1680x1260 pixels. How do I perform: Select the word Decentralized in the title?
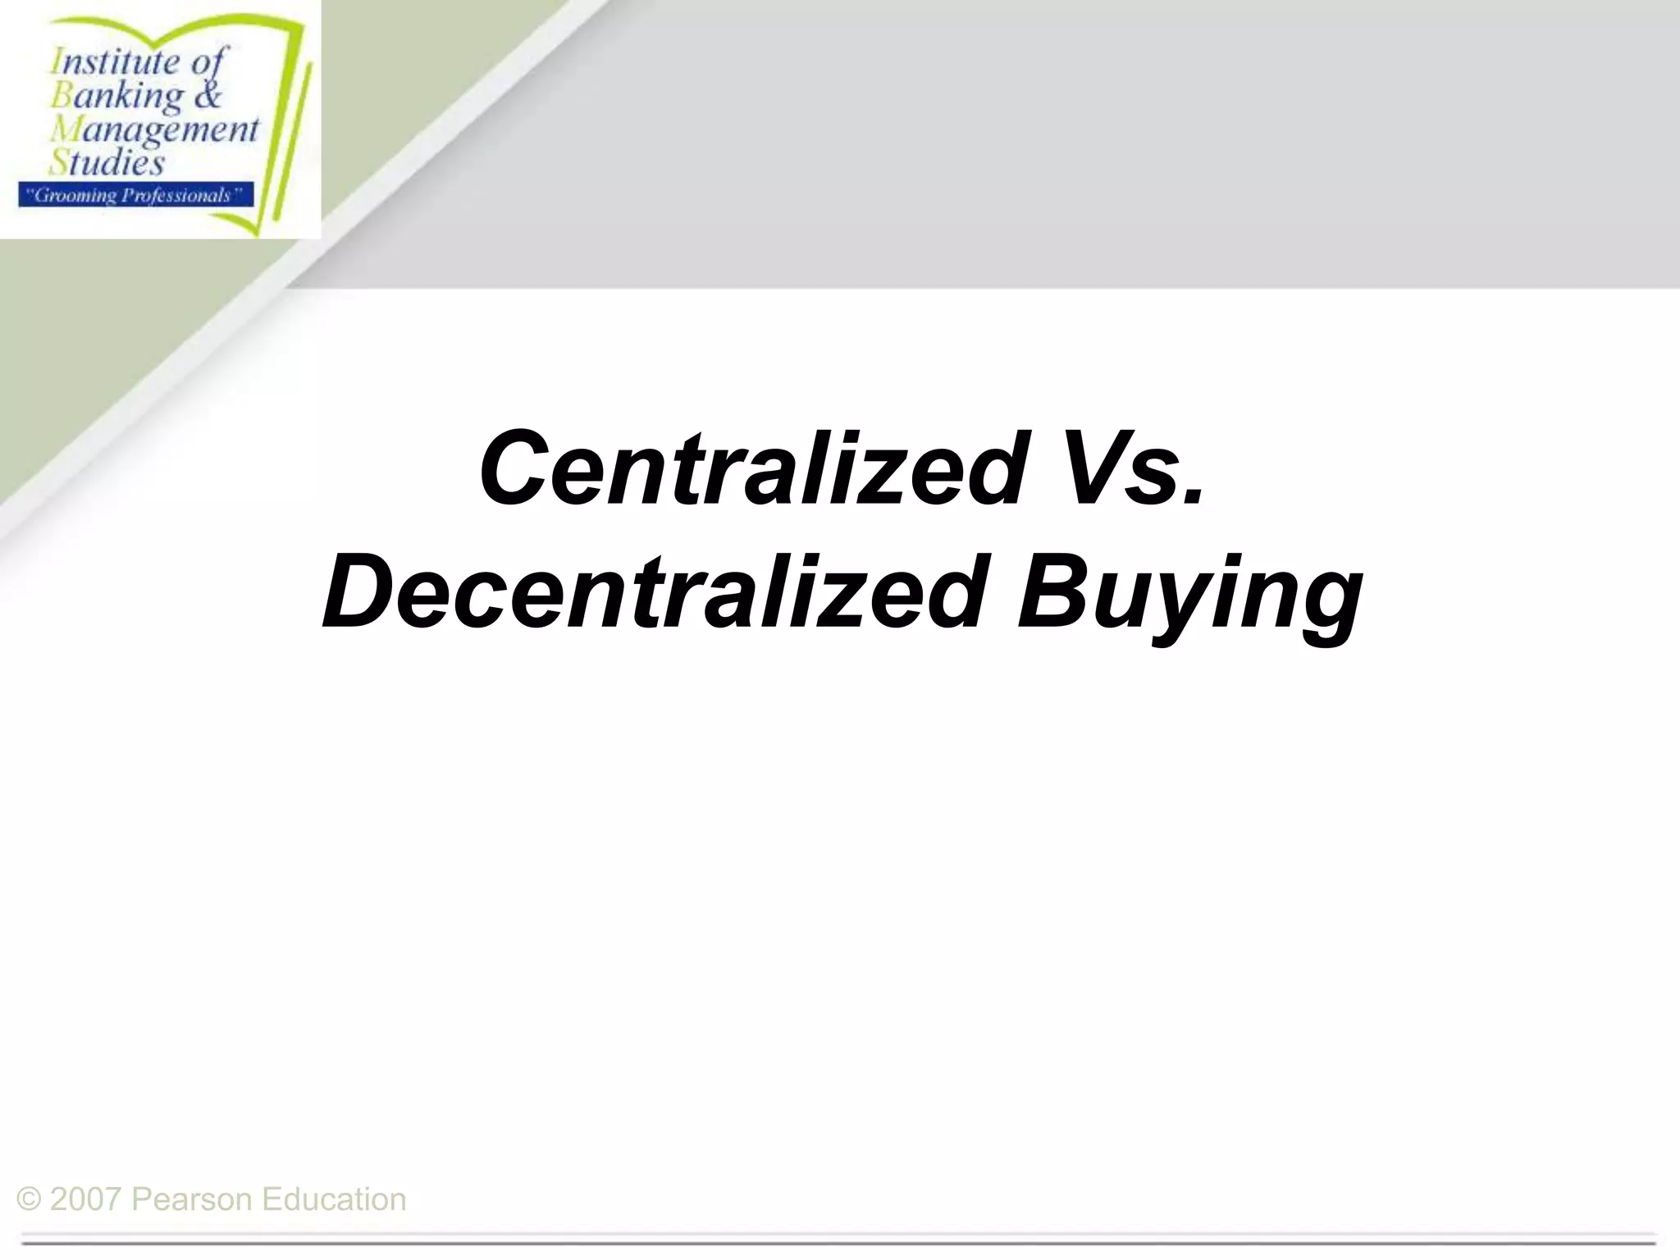[653, 592]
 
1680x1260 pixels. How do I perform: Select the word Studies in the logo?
[107, 162]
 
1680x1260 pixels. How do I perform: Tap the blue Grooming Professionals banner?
[136, 195]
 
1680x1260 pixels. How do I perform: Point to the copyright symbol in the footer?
[29, 1199]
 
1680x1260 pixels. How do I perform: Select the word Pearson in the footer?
[191, 1199]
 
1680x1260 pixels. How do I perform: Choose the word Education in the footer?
[334, 1199]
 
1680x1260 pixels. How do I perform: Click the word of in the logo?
[209, 62]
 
